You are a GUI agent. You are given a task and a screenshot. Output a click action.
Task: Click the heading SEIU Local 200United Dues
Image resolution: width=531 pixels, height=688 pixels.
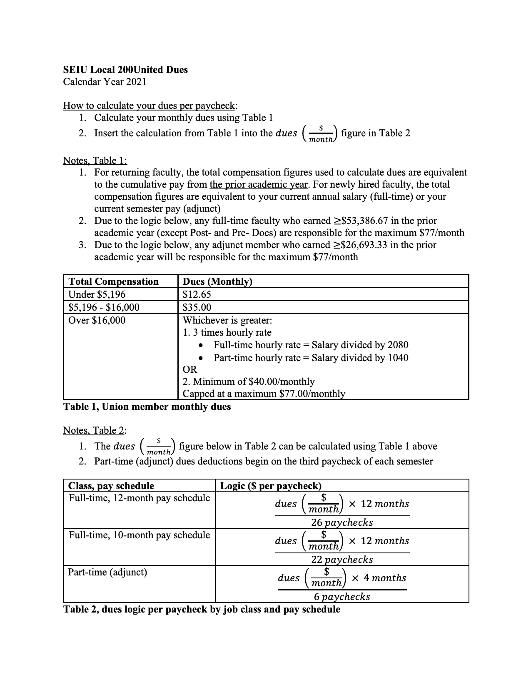[125, 70]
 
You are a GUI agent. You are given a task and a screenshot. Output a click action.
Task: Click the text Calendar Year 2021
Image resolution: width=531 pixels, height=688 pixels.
[105, 82]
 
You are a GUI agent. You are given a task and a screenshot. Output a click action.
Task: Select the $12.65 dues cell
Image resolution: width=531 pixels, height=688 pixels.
[197, 294]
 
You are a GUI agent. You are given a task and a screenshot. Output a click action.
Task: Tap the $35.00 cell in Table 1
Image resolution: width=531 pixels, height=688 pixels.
[197, 307]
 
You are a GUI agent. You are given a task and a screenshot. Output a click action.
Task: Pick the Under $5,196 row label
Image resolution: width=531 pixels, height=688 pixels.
[97, 294]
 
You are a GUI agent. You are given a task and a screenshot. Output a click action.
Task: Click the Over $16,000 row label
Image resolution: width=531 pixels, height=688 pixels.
[97, 320]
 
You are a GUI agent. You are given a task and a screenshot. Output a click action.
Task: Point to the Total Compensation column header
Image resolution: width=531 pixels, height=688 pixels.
[113, 281]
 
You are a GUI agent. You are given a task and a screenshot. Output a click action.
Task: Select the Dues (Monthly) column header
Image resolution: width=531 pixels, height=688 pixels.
[217, 281]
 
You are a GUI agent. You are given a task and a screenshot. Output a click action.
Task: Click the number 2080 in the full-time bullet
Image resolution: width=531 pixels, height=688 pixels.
[398, 345]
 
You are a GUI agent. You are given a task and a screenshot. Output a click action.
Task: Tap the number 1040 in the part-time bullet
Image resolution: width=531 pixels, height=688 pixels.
[398, 358]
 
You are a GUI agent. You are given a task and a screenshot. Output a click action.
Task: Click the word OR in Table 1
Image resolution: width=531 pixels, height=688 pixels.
[190, 369]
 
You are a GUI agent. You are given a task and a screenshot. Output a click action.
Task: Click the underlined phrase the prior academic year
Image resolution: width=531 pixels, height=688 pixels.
[259, 184]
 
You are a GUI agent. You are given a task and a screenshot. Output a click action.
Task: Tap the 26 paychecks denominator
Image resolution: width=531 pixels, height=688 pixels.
[342, 522]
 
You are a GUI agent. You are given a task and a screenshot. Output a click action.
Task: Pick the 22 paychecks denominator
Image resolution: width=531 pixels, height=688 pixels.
[342, 560]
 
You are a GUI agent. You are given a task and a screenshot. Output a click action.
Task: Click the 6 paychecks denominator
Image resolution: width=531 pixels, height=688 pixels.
[342, 597]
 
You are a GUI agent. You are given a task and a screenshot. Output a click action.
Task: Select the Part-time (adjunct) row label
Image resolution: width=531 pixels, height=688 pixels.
[107, 572]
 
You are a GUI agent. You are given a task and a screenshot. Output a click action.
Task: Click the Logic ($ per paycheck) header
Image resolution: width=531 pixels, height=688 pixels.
[271, 486]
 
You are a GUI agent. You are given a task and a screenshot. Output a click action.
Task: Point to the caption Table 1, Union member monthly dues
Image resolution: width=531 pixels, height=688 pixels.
[147, 407]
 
